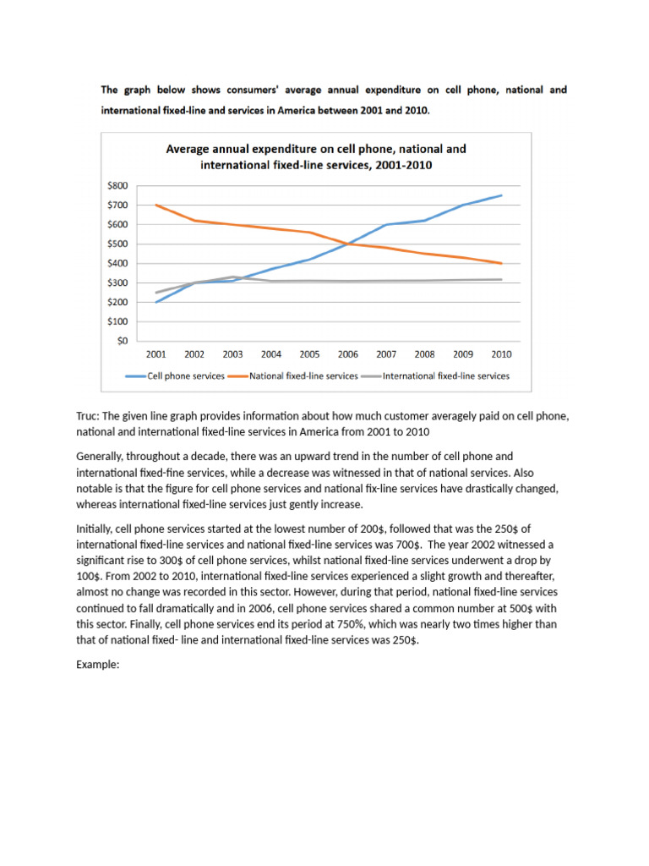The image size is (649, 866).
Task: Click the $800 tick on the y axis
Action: pos(117,185)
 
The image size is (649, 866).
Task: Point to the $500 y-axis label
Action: pos(117,244)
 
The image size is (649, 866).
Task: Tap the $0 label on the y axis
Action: pos(123,341)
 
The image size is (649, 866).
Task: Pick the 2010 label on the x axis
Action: pos(500,354)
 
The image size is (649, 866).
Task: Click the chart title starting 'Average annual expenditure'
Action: pos(316,156)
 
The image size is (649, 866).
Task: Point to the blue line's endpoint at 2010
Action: pos(500,195)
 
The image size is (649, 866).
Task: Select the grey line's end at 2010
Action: pos(500,279)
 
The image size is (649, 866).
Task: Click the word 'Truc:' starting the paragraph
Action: pos(89,416)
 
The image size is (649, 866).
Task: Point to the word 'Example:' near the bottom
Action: pos(98,665)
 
